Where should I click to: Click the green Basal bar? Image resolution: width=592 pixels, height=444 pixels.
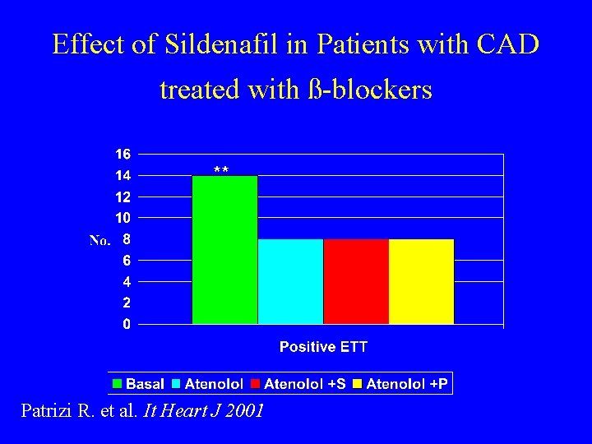pos(224,250)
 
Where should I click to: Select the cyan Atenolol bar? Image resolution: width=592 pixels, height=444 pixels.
pos(290,281)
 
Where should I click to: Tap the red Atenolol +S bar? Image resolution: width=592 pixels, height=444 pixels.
pos(356,281)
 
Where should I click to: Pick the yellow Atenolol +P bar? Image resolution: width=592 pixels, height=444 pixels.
pos(421,281)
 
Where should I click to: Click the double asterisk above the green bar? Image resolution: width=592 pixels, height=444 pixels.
pos(221,170)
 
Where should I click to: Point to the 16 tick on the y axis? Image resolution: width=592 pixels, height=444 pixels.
pos(123,154)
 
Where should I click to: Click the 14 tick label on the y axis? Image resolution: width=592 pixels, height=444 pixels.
pos(123,175)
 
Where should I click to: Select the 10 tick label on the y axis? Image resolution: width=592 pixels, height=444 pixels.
pos(123,218)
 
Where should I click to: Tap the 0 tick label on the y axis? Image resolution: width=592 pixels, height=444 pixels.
pos(126,325)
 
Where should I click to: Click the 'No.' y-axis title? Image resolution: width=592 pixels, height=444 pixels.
pos(99,241)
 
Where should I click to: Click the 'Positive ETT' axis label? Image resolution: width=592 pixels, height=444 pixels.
pos(323,347)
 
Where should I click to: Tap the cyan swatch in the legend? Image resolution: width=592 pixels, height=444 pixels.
pos(176,384)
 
